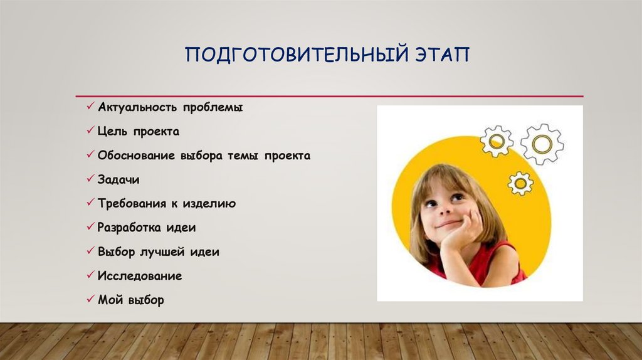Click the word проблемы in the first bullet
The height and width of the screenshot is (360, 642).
[213, 108]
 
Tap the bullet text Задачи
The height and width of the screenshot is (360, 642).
[118, 180]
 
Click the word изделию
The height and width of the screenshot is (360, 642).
[210, 204]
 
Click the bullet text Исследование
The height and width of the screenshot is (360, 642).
[140, 276]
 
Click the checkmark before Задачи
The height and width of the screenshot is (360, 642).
[91, 179]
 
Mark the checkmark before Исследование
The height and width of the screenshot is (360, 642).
[91, 275]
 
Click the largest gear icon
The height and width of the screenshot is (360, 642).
[541, 144]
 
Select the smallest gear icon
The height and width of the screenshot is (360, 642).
[520, 183]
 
